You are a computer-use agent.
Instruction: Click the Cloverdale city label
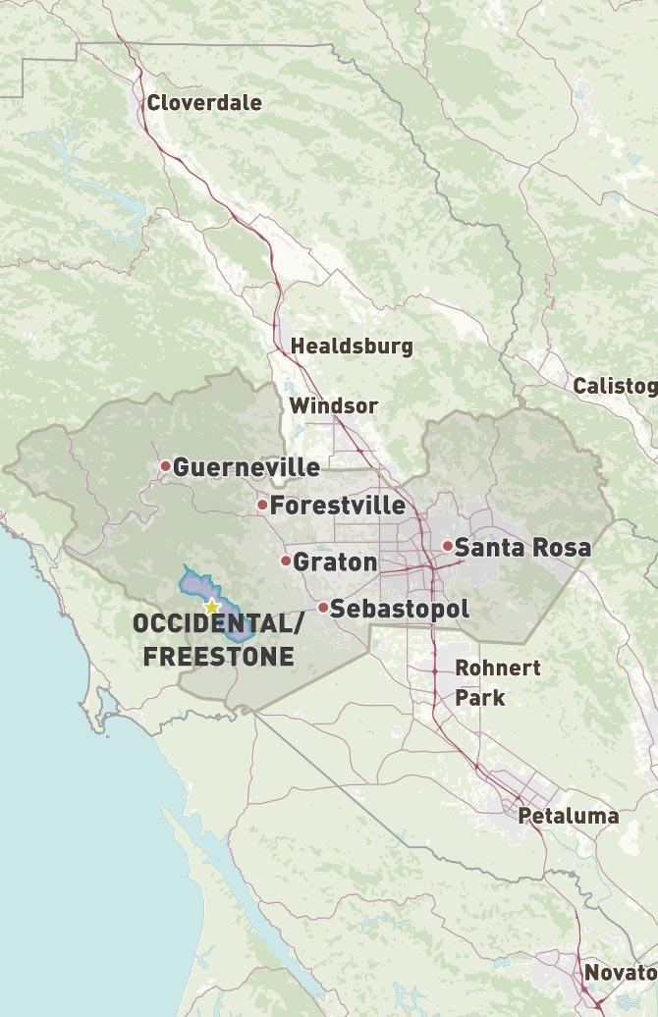[x=204, y=103]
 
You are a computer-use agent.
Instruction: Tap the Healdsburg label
[x=352, y=347]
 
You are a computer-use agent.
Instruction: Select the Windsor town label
[x=333, y=405]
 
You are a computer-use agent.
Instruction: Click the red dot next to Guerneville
[x=166, y=466]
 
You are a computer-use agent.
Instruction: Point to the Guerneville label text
[x=247, y=467]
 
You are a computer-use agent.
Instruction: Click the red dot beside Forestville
[x=262, y=506]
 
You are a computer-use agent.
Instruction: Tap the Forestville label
[x=338, y=506]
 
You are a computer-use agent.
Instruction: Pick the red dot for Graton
[x=286, y=562]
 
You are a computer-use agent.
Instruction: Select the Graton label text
[x=336, y=562]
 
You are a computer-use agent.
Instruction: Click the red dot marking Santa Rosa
[x=448, y=546]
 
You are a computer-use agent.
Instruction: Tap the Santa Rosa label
[x=523, y=548]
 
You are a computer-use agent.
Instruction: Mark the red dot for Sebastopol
[x=323, y=608]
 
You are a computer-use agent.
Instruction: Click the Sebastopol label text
[x=400, y=609]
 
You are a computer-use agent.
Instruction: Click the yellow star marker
[x=211, y=608]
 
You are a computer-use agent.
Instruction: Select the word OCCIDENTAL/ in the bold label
[x=212, y=625]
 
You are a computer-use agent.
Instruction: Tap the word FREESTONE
[x=219, y=656]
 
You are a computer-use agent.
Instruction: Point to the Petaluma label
[x=569, y=816]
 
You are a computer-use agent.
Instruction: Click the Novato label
[x=619, y=973]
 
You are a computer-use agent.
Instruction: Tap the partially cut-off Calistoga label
[x=615, y=386]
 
